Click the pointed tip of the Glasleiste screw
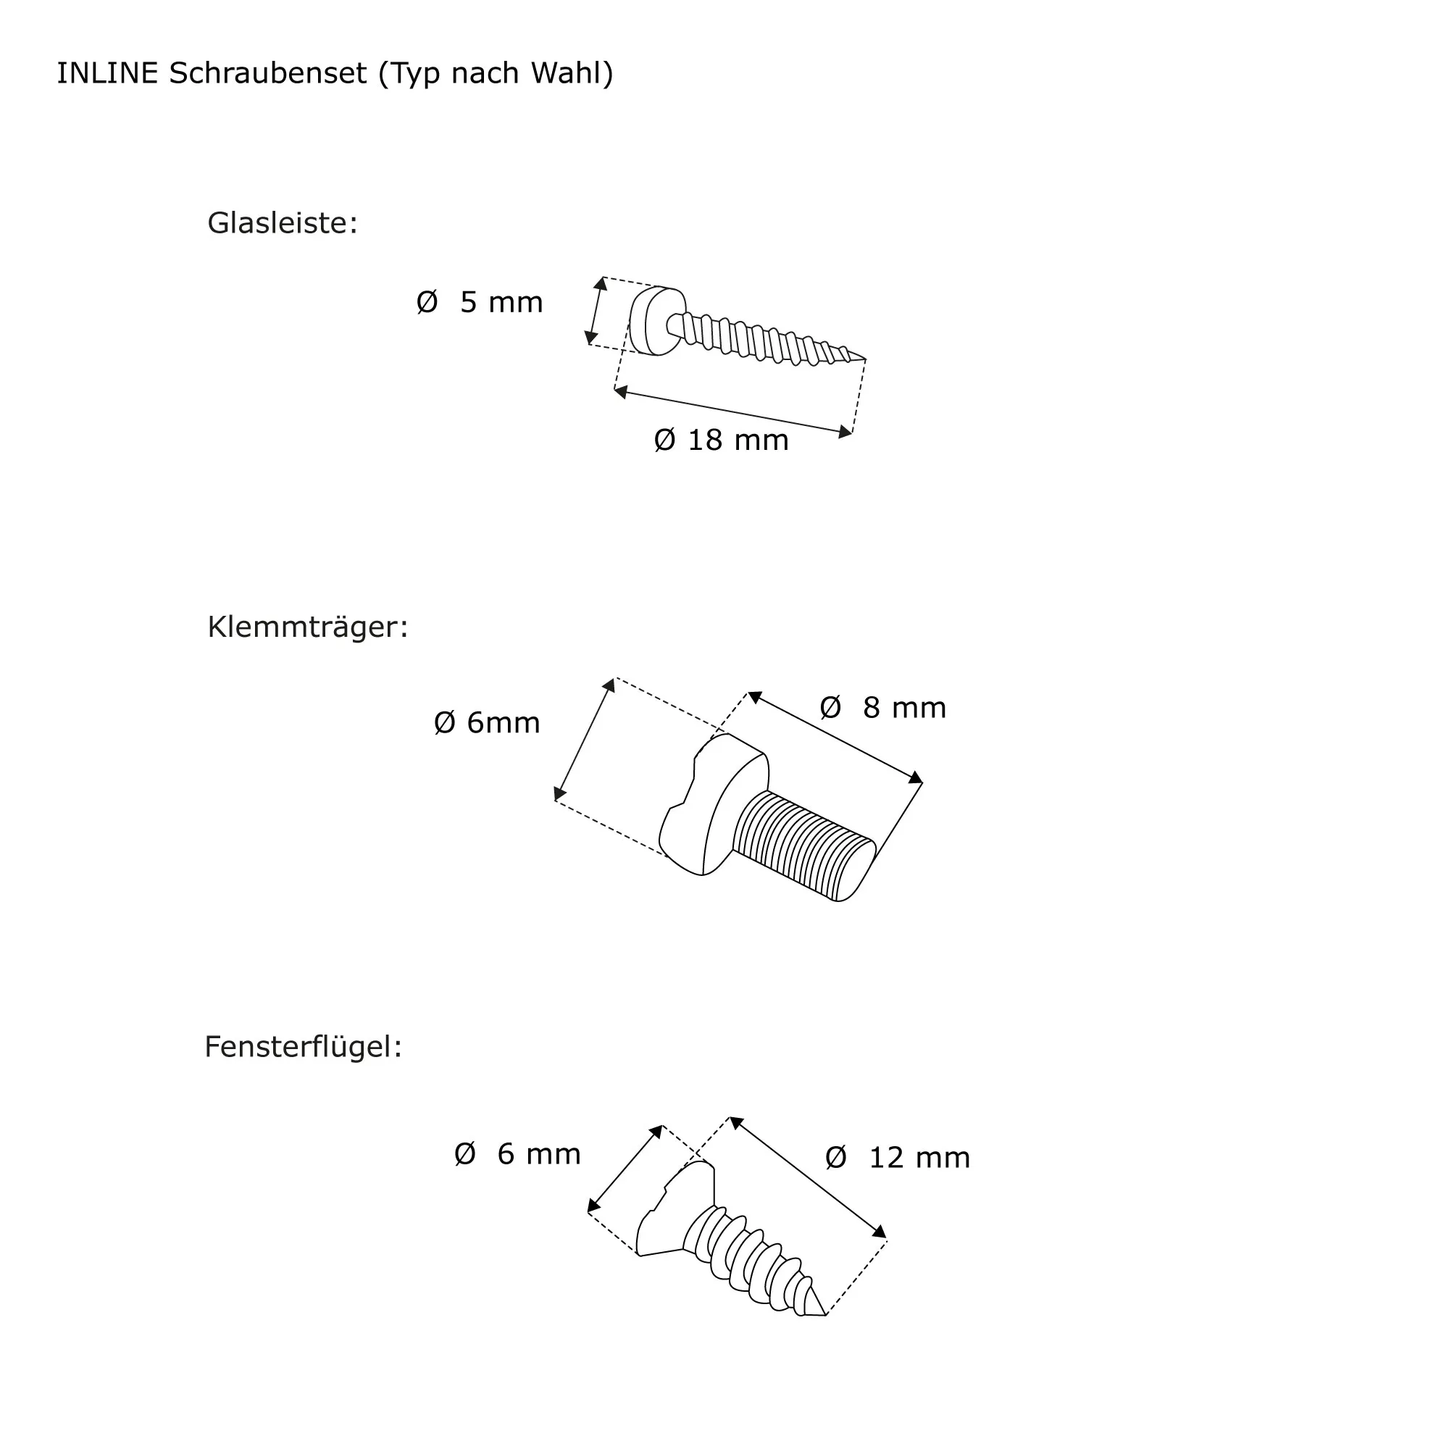click(x=866, y=360)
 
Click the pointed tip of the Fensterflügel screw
click(x=825, y=1315)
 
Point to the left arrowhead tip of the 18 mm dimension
click(x=615, y=389)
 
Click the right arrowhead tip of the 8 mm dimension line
click(x=922, y=782)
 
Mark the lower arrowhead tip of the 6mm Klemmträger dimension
click(x=556, y=800)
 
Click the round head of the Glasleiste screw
click(x=656, y=321)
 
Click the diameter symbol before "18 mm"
click(x=664, y=440)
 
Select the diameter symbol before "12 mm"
click(x=835, y=1158)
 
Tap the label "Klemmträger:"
click(x=307, y=627)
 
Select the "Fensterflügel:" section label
click(x=303, y=1047)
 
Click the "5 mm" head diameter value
click(x=501, y=302)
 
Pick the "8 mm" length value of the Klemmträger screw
click(x=904, y=708)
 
